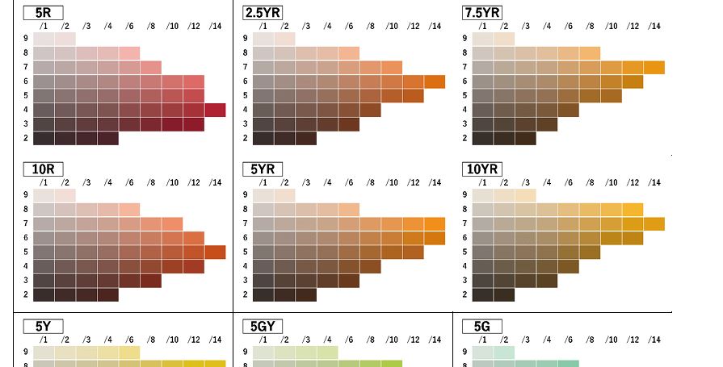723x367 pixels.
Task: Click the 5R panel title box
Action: [x=43, y=12]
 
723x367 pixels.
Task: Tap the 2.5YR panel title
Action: [x=267, y=12]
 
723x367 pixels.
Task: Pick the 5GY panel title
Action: [x=263, y=326]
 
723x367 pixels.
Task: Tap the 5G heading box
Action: [x=481, y=326]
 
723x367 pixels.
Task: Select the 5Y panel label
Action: [x=43, y=326]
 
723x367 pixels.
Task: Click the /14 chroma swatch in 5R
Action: [x=215, y=110]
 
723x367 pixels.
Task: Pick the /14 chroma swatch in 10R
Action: [x=215, y=252]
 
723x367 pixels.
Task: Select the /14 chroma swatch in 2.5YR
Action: [x=435, y=81]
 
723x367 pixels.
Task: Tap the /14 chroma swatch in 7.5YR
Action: [x=654, y=68]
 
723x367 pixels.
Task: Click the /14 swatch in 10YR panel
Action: [x=654, y=223]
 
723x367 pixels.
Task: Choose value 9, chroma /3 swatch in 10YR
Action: [x=526, y=195]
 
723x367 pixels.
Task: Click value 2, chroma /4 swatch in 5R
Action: [x=107, y=138]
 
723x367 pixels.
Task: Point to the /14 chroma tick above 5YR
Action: [x=435, y=183]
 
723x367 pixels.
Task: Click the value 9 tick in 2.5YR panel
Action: [x=246, y=39]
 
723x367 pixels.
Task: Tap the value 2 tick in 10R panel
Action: [x=26, y=294]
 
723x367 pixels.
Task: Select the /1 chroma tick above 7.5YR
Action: [x=482, y=27]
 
